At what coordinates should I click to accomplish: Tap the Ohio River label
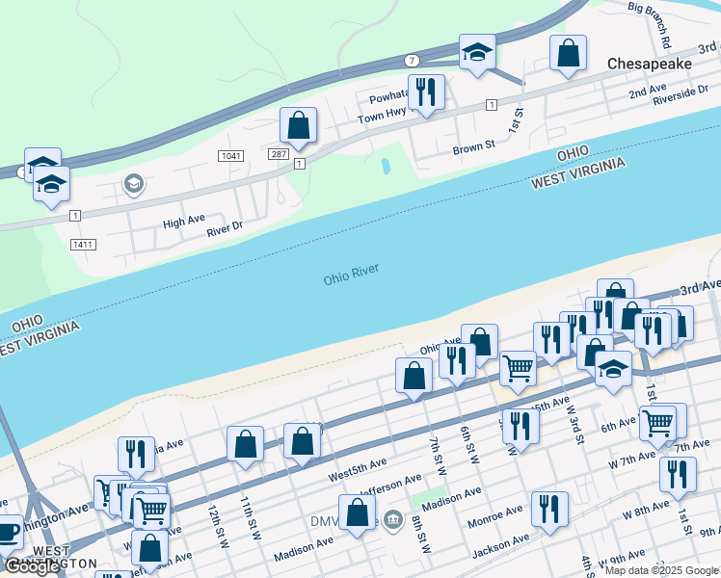click(351, 275)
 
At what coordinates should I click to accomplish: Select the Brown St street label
click(473, 148)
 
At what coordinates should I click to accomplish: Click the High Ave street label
click(183, 222)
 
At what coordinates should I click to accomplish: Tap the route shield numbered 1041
click(230, 155)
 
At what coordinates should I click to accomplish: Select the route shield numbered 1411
click(84, 245)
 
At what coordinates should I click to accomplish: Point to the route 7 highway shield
click(412, 60)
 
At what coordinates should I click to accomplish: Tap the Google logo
click(33, 566)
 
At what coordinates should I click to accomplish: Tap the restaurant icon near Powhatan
click(426, 92)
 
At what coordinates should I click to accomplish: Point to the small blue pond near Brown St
click(386, 166)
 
